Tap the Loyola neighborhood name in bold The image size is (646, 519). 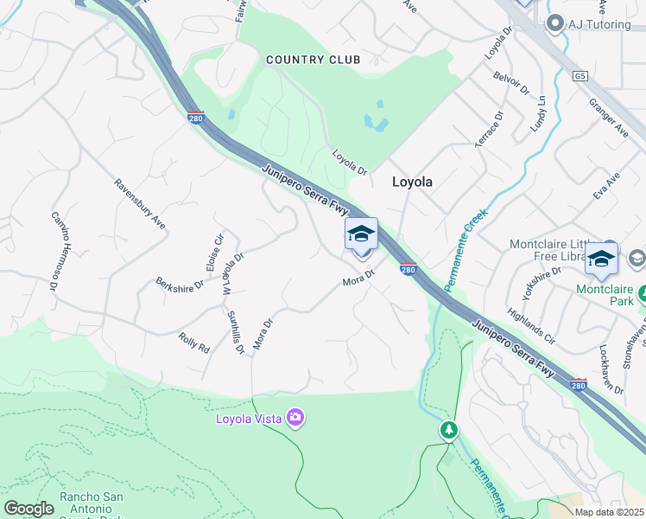coord(412,183)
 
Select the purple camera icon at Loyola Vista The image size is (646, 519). coord(295,420)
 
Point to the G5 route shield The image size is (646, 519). coord(581,76)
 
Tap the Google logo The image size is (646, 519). coord(28,508)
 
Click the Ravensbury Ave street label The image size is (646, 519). coord(140,204)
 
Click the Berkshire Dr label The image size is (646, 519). coord(180,282)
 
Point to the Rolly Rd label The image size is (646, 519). coord(194,342)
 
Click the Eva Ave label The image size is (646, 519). coord(605,189)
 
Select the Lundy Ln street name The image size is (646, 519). coord(541,113)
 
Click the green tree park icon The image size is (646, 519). coord(448,429)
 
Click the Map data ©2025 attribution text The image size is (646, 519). coord(610,512)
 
